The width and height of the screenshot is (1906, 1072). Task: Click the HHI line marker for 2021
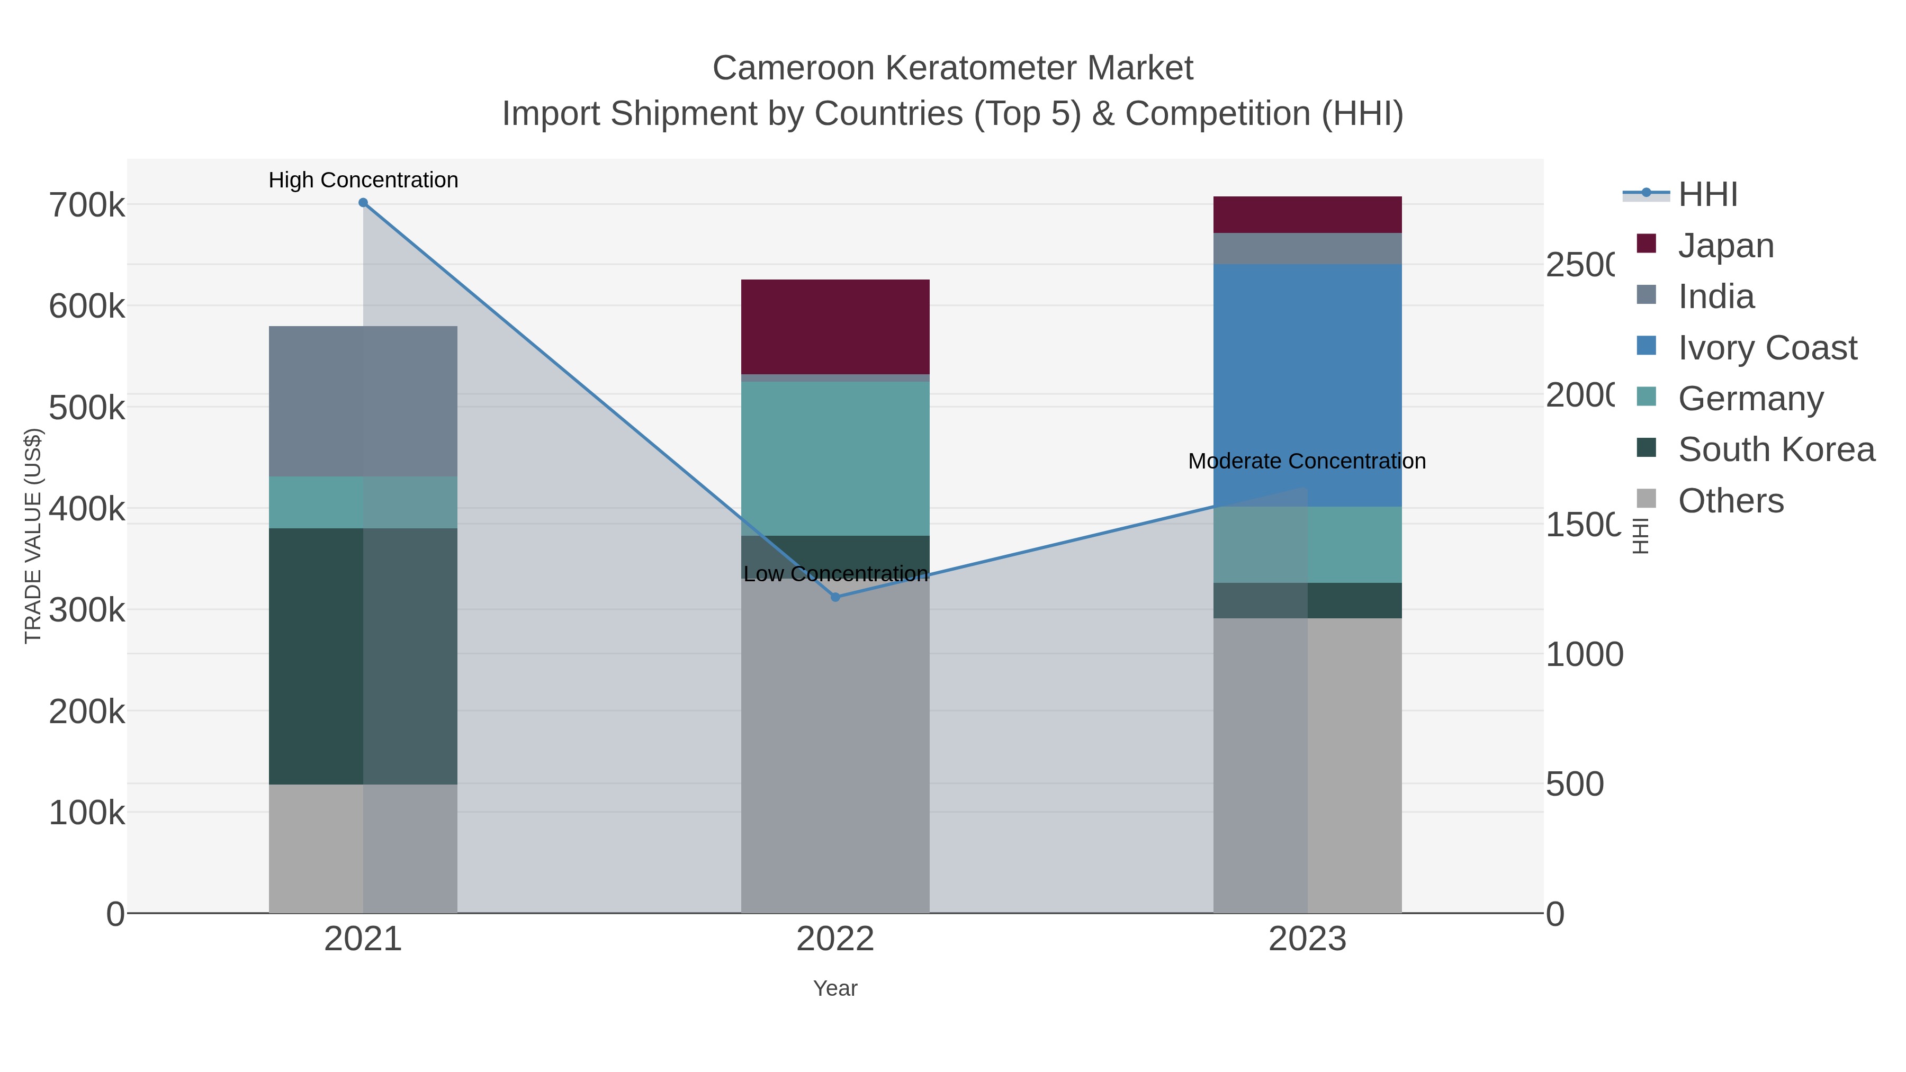click(363, 203)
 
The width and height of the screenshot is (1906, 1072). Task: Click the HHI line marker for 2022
click(835, 597)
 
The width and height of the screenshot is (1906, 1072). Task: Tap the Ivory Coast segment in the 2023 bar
click(1307, 385)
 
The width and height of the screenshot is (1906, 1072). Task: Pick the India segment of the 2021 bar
click(363, 401)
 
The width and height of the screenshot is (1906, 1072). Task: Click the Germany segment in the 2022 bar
click(835, 458)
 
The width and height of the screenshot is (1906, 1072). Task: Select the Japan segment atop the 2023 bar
click(1307, 214)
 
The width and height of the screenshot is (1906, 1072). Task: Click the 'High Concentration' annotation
click(363, 180)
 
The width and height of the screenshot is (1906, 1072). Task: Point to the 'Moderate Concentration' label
click(1306, 461)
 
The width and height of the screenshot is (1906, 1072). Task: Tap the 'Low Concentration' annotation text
click(835, 574)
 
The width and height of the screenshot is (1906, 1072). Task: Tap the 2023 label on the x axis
click(1307, 939)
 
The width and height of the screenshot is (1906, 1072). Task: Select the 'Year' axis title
click(835, 988)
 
